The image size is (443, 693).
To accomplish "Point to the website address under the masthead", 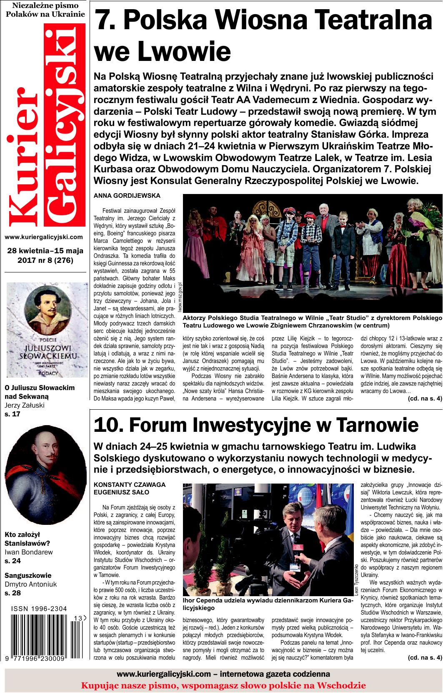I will (44, 237).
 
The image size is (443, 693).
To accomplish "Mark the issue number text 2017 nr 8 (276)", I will (45, 261).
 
